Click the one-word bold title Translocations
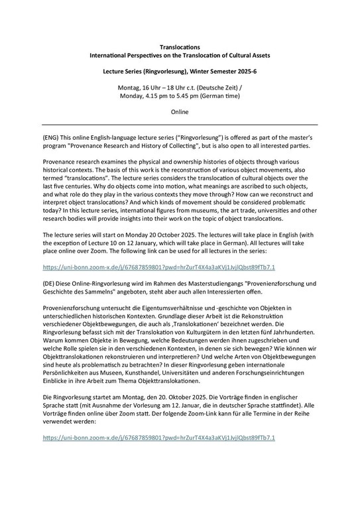pos(180,48)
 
